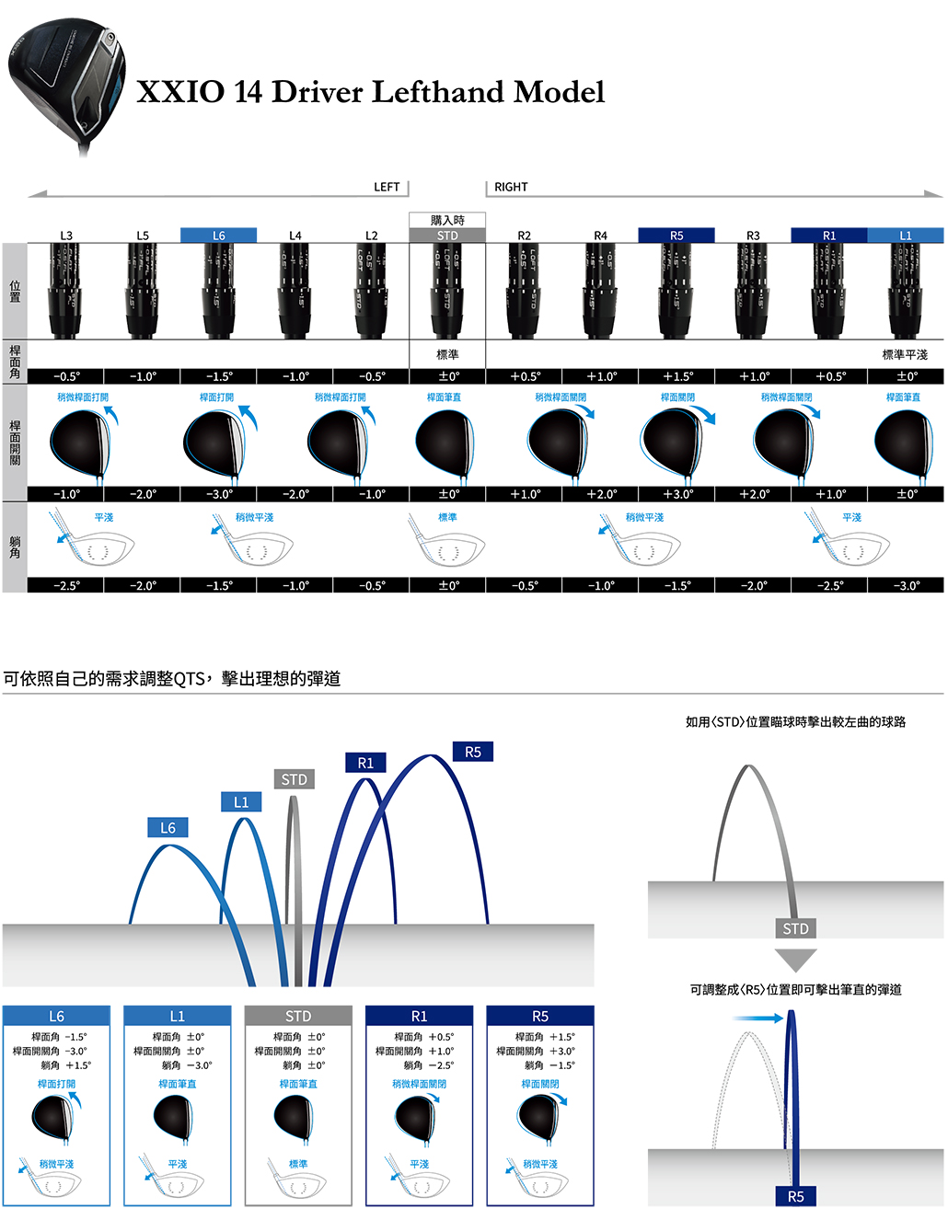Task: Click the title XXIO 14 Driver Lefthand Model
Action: pos(370,92)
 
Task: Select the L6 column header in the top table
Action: pos(218,236)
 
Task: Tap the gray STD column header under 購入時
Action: pos(447,236)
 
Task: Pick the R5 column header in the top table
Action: pos(676,236)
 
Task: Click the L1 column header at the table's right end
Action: pos(906,236)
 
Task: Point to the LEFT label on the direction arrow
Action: pos(387,187)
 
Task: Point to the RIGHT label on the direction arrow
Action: pos(511,187)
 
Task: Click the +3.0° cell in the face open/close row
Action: pos(676,494)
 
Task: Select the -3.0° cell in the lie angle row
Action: pos(906,585)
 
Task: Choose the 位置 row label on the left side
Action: pos(15,292)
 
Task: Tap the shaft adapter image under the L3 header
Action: pos(66,290)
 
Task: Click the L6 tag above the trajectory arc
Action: pos(168,828)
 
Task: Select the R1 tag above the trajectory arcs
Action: pos(365,763)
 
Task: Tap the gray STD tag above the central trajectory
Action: pos(295,779)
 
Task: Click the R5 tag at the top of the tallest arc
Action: pos(473,752)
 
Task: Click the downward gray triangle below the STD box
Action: pos(796,960)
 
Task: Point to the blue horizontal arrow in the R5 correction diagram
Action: pos(758,1018)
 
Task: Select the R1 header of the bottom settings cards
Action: pos(419,1016)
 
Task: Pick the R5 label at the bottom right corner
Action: pos(796,1196)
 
